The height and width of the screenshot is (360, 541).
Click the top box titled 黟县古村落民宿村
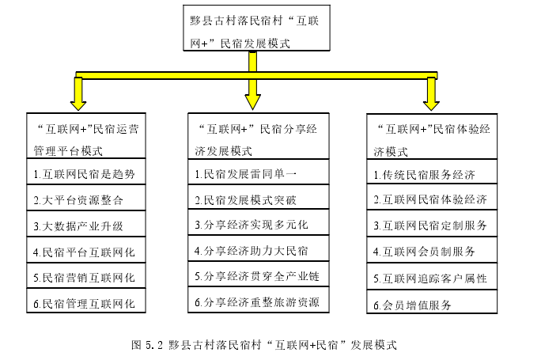click(x=256, y=28)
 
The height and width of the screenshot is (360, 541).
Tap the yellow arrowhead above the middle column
click(x=252, y=102)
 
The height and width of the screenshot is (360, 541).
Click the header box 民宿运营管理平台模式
click(x=86, y=135)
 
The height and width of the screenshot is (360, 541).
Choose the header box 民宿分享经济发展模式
click(x=259, y=136)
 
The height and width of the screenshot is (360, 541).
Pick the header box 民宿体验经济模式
click(x=432, y=136)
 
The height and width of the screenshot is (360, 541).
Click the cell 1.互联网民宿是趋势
click(x=86, y=172)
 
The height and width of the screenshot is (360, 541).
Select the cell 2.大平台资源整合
click(x=86, y=198)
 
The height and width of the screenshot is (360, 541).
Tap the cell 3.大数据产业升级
click(x=86, y=224)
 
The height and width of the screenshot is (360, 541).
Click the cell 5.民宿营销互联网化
click(x=86, y=275)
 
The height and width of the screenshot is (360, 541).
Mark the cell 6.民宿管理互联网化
click(x=86, y=301)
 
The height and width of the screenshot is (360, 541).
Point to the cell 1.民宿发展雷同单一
click(x=259, y=172)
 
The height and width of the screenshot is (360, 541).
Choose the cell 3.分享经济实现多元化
click(x=259, y=222)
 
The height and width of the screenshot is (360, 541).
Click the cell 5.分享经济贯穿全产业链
click(x=259, y=274)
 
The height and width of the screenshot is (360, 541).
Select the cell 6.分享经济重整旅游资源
click(x=259, y=300)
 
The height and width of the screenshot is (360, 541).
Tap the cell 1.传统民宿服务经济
click(x=432, y=172)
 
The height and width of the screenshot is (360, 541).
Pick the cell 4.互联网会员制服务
click(x=432, y=250)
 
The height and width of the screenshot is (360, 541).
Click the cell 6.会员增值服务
click(x=432, y=301)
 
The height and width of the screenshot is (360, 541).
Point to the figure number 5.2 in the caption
click(x=153, y=345)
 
